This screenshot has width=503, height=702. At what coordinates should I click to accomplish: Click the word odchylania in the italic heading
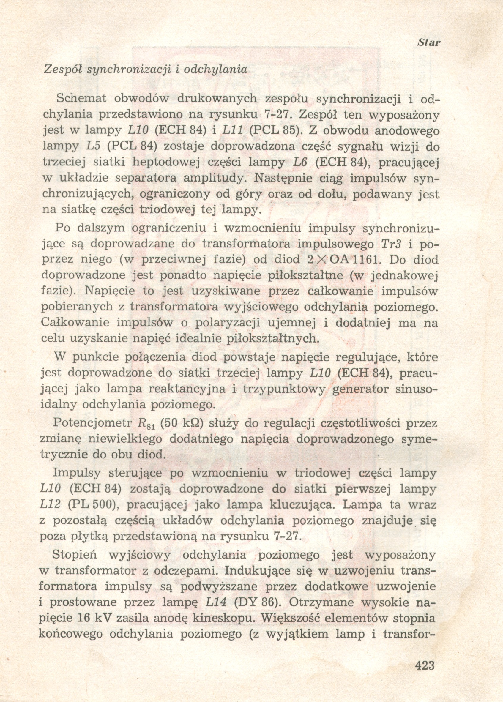pyautogui.click(x=215, y=69)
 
